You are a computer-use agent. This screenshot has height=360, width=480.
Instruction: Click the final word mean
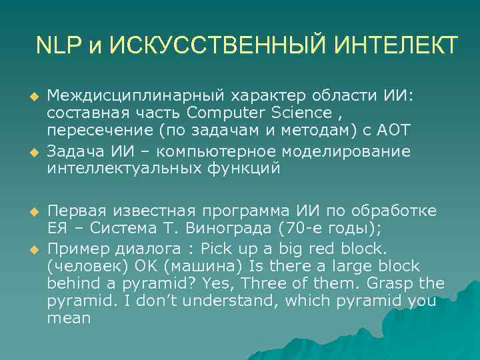(69, 318)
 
